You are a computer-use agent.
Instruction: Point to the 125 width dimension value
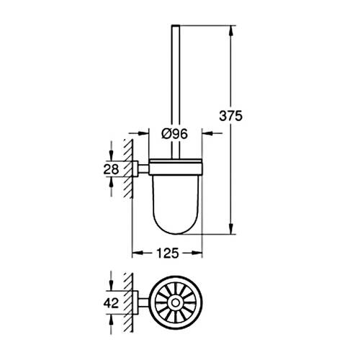(x=167, y=253)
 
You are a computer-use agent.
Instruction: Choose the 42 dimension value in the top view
(x=111, y=303)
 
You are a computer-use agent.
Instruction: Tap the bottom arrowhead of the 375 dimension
(x=231, y=230)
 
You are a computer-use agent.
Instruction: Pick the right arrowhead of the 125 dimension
(x=199, y=253)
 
